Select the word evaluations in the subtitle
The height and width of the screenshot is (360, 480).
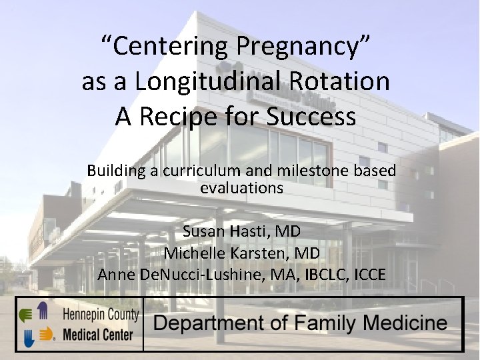pos(241,188)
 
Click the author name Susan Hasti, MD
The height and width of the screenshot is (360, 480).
pos(241,231)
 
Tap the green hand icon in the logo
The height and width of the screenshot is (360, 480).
pos(27,315)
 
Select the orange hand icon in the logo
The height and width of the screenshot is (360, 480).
pos(45,333)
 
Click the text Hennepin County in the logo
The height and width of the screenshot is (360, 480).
pos(101,314)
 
